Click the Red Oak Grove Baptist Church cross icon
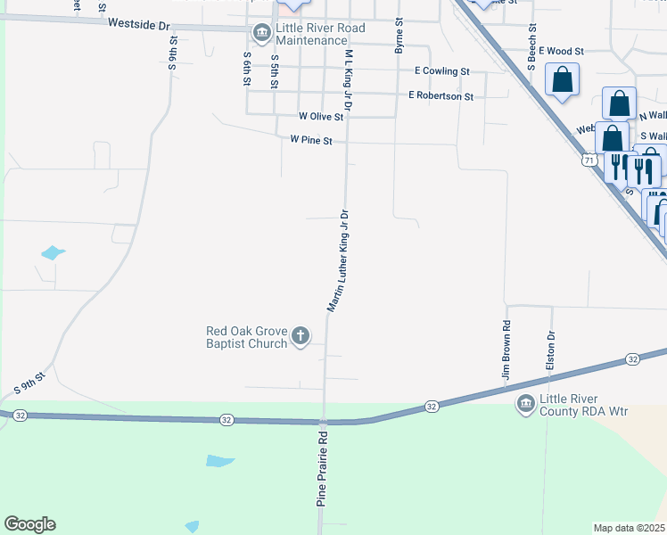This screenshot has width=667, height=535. click(301, 337)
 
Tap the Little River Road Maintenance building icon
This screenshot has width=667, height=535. click(262, 34)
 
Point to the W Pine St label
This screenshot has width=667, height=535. click(311, 140)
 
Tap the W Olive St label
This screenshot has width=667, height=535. click(320, 116)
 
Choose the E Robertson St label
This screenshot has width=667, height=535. click(441, 95)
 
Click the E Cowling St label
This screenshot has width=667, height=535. click(442, 70)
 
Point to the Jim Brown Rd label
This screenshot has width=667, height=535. click(506, 352)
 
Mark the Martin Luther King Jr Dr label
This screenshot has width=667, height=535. click(337, 260)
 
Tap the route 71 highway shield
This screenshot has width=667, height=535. click(589, 160)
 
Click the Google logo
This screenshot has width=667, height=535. click(29, 524)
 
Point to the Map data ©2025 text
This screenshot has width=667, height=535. click(629, 528)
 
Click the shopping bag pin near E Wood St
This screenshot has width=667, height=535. click(563, 80)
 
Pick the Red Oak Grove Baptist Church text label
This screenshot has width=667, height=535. click(247, 337)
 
